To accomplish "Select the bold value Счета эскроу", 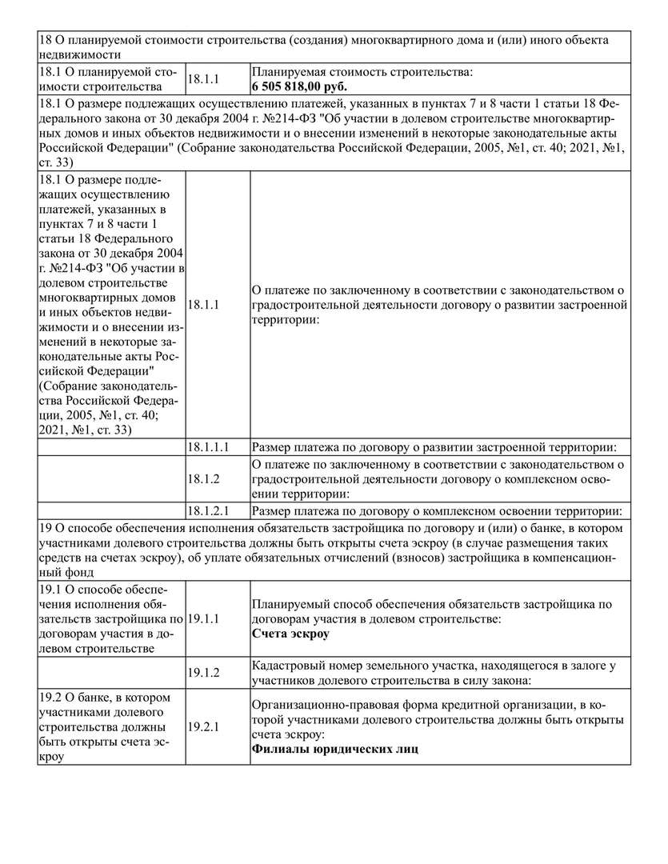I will (x=290, y=634).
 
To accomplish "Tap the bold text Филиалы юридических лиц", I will (x=335, y=750).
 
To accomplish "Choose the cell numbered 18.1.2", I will (x=204, y=478).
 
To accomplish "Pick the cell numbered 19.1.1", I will (x=204, y=619).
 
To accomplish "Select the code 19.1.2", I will (x=204, y=673).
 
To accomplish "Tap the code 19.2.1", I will (x=204, y=727).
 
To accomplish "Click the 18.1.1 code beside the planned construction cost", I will (x=204, y=79).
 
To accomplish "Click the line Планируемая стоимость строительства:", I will (x=362, y=72).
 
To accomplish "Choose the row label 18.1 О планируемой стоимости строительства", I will (x=110, y=79).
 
